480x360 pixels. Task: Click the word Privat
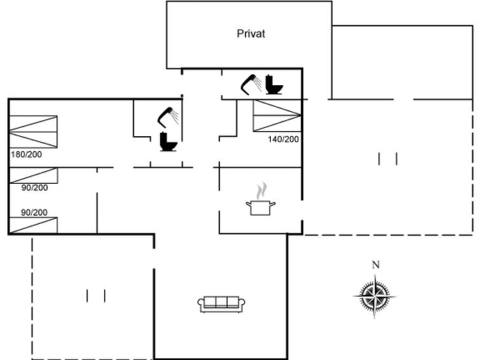click(250, 34)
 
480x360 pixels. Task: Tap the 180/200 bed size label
click(26, 154)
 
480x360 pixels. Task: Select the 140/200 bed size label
click(283, 139)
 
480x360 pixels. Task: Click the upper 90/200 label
click(34, 187)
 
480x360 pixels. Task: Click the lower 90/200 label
click(34, 212)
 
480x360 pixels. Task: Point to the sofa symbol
click(221, 304)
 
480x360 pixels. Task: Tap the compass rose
click(374, 296)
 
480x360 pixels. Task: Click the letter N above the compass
click(376, 265)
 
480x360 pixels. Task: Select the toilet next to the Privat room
click(273, 85)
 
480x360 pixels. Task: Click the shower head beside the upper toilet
click(251, 84)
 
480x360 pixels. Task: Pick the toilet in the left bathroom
click(168, 142)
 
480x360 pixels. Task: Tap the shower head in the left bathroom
click(168, 117)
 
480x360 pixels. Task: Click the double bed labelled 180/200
click(33, 132)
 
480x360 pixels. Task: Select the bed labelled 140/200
click(277, 116)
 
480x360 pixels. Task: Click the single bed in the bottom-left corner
click(33, 225)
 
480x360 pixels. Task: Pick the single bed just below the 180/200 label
click(34, 176)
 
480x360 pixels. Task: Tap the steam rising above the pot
click(261, 191)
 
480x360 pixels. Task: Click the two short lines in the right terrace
click(388, 159)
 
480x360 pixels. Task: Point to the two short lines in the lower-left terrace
click(96, 296)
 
